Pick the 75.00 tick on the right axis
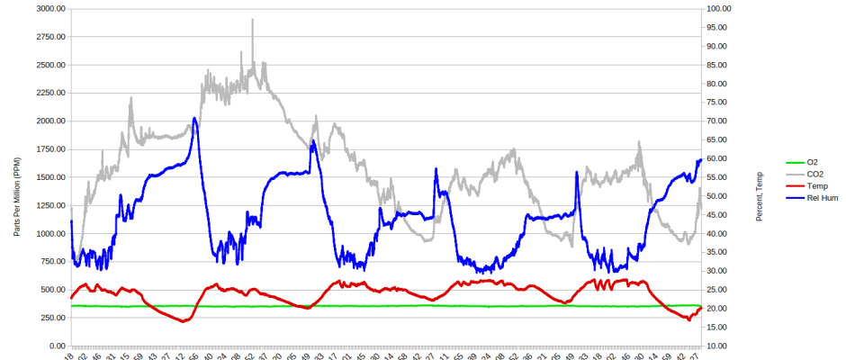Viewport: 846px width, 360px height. click(x=723, y=102)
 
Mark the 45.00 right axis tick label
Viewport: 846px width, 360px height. click(x=723, y=214)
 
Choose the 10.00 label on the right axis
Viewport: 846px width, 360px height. click(x=723, y=346)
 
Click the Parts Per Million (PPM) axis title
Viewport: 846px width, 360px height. click(x=17, y=177)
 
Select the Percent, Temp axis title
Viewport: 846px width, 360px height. click(x=760, y=195)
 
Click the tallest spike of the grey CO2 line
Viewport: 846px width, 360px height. click(x=252, y=19)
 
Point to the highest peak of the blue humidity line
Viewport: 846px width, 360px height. click(x=193, y=118)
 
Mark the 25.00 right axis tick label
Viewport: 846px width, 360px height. click(x=723, y=290)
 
